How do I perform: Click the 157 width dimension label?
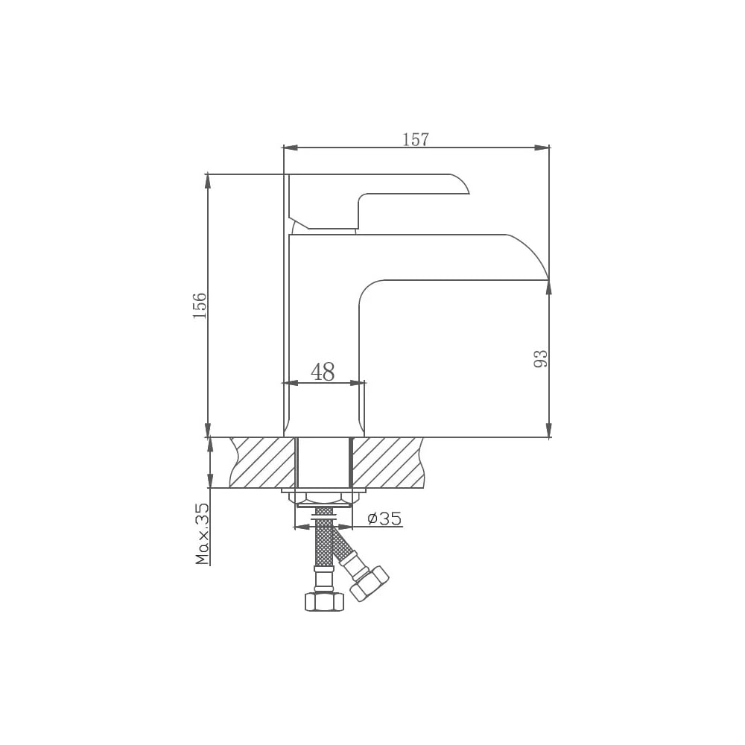point(416,139)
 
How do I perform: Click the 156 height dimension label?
point(200,305)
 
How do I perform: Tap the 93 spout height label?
point(541,359)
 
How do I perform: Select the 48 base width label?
point(323,372)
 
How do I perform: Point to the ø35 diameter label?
point(385,518)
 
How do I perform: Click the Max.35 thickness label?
point(203,533)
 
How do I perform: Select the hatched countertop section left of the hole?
point(262,463)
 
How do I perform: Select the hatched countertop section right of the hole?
point(387,463)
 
